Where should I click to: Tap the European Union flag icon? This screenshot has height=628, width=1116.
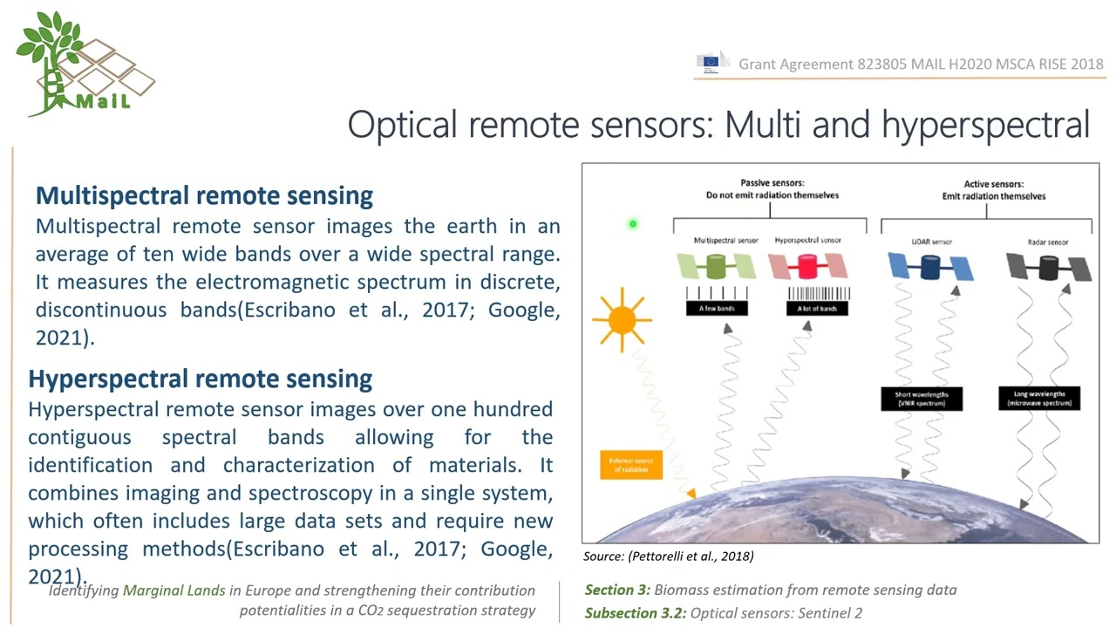tap(711, 62)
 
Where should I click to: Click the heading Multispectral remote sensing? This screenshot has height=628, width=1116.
tap(204, 195)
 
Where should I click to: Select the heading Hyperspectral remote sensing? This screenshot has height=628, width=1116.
tap(200, 379)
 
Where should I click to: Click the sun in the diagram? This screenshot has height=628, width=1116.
tap(622, 319)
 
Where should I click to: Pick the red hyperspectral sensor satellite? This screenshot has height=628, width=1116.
tap(808, 266)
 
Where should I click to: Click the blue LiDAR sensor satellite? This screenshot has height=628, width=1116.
tap(930, 267)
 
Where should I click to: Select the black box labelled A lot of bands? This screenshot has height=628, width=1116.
tap(818, 308)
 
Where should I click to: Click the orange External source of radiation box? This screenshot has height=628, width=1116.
tap(630, 465)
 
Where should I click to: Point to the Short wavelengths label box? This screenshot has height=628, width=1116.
tap(922, 399)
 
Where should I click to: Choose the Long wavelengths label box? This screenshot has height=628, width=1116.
tap(1039, 399)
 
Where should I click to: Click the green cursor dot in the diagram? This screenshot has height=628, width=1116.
tap(633, 224)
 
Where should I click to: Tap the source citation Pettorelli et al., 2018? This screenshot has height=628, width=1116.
tap(668, 556)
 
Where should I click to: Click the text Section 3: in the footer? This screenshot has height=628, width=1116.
tap(617, 590)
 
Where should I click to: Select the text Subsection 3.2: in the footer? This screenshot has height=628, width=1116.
tap(636, 612)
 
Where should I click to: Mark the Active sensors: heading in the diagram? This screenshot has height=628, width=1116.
tap(993, 184)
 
